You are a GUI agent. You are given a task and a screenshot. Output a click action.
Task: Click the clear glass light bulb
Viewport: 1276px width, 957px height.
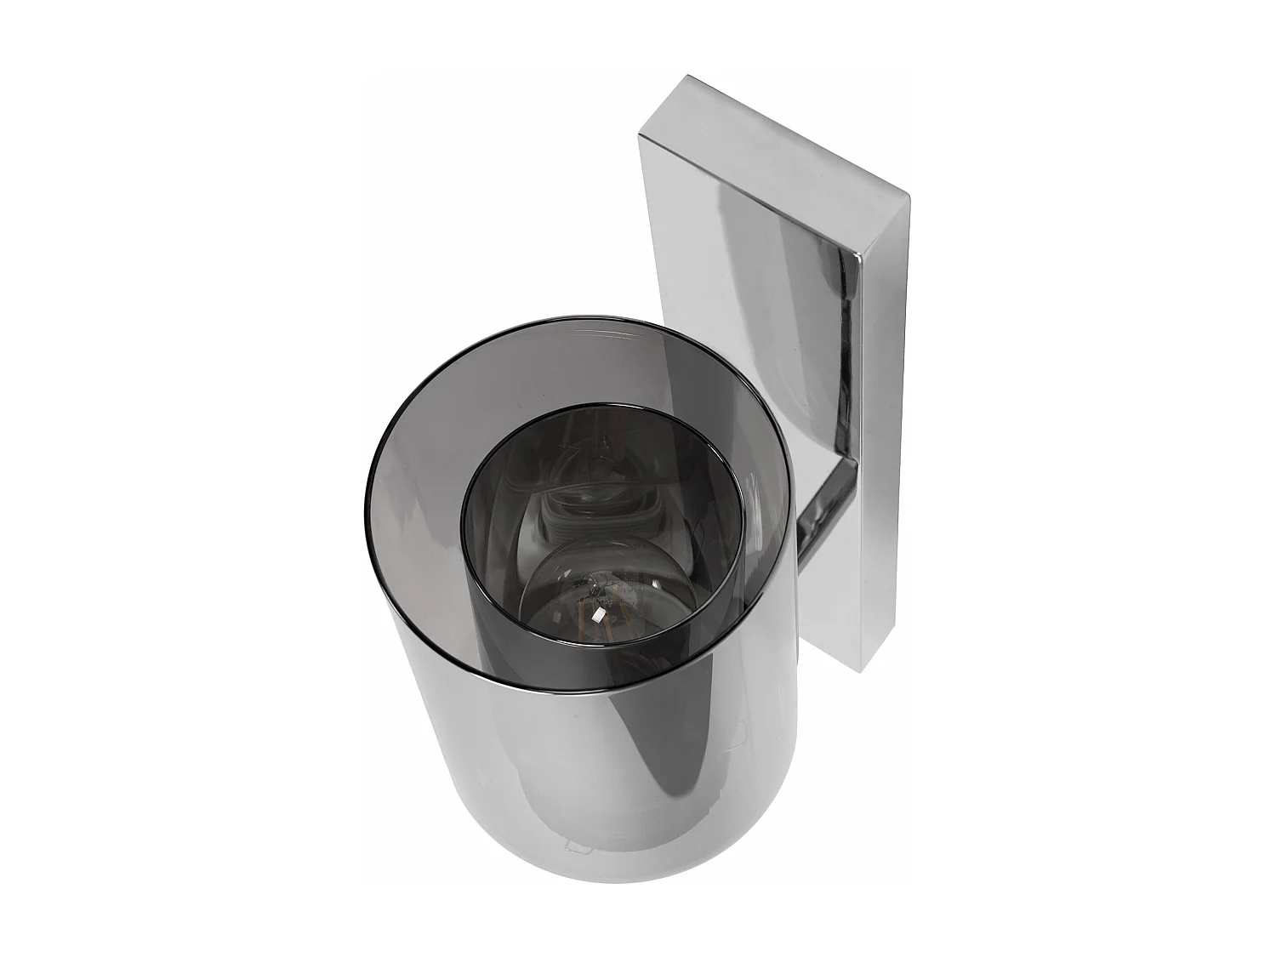pyautogui.click(x=595, y=587)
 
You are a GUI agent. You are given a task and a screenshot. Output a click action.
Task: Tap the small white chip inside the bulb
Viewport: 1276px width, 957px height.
pyautogui.click(x=599, y=612)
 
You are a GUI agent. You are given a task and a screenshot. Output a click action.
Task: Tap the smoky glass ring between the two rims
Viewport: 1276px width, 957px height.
pyautogui.click(x=425, y=510)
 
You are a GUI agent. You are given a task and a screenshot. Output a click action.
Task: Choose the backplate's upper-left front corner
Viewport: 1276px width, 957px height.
pyautogui.click(x=640, y=138)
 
